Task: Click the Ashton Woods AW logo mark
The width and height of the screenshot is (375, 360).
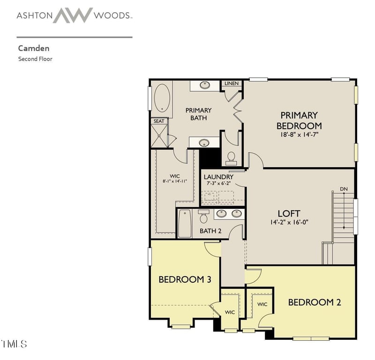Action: coord(73,15)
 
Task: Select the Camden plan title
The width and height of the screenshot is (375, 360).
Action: coord(34,48)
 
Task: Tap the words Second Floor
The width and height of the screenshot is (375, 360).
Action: coord(35,59)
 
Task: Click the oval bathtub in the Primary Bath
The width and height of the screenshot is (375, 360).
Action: coord(162,98)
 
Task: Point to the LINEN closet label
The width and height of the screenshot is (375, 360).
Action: coord(232,83)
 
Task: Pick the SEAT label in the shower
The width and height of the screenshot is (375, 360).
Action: coord(159,121)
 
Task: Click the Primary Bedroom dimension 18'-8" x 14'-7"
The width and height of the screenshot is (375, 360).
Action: coord(299,134)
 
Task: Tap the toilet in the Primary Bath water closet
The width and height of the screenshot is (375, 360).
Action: coord(231,159)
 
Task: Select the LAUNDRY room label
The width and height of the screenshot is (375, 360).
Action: coord(218,177)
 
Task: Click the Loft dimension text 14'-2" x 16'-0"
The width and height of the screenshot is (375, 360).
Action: coord(289,222)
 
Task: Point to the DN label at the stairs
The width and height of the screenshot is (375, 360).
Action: coord(344,189)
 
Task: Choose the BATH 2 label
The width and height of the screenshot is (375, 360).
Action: coord(210,231)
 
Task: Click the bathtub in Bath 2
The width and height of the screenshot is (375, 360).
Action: coord(185,224)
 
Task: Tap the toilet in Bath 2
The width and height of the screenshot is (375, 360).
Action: coord(203,216)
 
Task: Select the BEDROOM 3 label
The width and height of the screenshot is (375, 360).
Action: coord(185,279)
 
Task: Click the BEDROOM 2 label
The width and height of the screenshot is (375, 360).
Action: coord(315,302)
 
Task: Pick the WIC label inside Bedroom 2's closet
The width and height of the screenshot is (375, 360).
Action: coord(262,304)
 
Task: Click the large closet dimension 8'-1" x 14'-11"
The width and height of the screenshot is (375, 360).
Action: coord(174,181)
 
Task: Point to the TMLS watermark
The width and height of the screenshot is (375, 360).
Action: coord(14,344)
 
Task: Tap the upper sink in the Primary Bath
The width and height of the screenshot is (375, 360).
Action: coord(205,85)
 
